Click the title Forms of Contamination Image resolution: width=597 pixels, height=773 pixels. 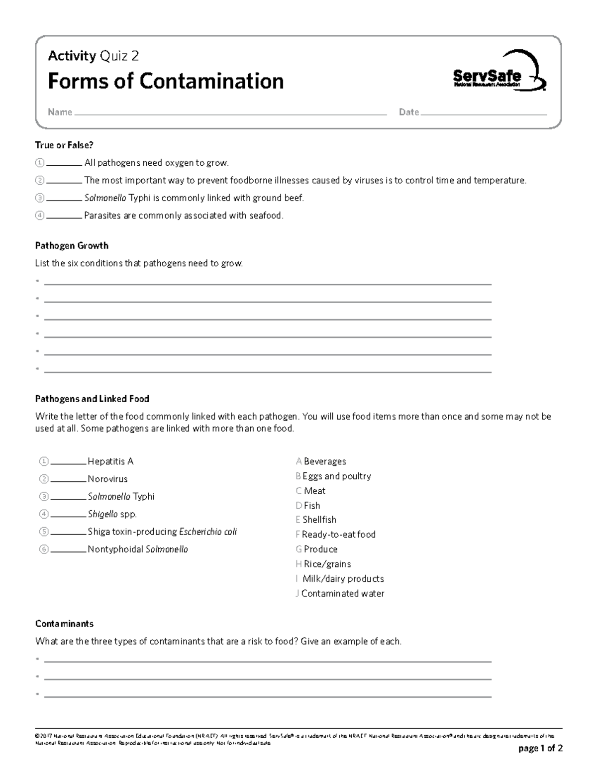[166, 81]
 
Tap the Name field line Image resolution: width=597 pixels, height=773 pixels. [229, 114]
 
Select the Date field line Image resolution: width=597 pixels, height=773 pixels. [483, 114]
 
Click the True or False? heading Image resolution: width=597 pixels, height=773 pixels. [64, 145]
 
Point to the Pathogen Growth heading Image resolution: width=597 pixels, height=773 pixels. [72, 245]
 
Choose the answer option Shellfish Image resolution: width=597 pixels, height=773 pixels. [319, 520]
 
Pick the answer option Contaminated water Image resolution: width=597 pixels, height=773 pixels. [342, 593]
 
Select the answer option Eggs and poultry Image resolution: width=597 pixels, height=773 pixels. [336, 476]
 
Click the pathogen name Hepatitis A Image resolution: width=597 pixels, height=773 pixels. [110, 461]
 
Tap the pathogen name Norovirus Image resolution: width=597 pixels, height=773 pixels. [107, 479]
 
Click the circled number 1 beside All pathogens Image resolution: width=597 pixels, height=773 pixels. [40, 163]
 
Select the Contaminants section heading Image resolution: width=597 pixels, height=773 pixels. [64, 624]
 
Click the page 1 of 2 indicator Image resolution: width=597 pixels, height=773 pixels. [540, 748]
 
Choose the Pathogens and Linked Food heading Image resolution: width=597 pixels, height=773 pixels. [92, 399]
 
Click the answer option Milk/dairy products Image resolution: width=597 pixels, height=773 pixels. [343, 579]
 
